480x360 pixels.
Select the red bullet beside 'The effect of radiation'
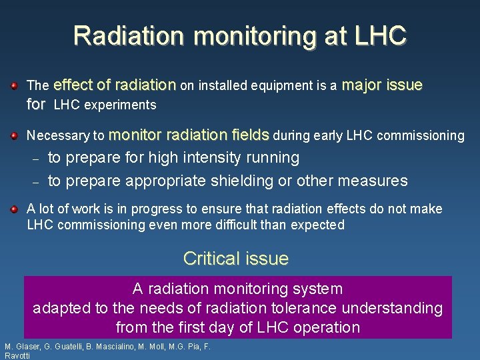pyautogui.click(x=14, y=85)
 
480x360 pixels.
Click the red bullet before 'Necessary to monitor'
pyautogui.click(x=14, y=135)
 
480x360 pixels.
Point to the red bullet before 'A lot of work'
pyautogui.click(x=14, y=209)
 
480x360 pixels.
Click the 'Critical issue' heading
pyautogui.click(x=235, y=259)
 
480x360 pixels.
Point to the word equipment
pyautogui.click(x=298, y=86)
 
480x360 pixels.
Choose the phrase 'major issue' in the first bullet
pyautogui.click(x=382, y=85)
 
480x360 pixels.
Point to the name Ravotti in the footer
pyautogui.click(x=18, y=356)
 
